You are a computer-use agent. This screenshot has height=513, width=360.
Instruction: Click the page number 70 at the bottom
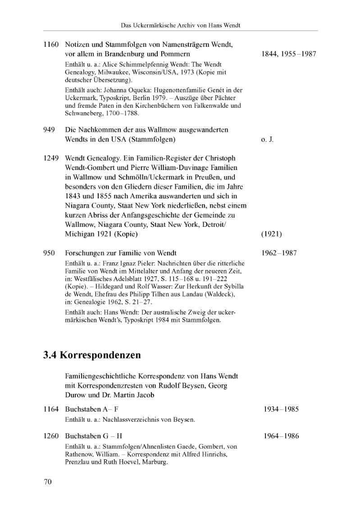[48, 482]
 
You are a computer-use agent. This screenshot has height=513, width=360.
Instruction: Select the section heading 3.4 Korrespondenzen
[92, 355]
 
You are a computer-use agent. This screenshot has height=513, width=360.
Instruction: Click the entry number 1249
[51, 159]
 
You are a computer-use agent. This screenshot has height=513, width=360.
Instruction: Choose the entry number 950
[49, 253]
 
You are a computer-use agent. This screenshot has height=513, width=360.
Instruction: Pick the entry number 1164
[51, 409]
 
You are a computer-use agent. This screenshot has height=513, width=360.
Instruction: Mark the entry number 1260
[51, 436]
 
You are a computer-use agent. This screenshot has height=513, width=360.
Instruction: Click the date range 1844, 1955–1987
[289, 54]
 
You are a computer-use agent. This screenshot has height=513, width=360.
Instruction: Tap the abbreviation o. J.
[267, 139]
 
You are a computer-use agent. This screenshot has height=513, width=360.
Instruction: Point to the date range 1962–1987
[279, 253]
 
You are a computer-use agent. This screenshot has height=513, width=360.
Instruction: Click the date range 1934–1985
[281, 409]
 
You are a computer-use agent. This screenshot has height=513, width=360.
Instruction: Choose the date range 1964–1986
[281, 436]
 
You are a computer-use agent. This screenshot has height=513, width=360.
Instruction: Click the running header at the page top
[180, 25]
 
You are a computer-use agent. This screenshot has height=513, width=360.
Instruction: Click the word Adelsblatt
[107, 279]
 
